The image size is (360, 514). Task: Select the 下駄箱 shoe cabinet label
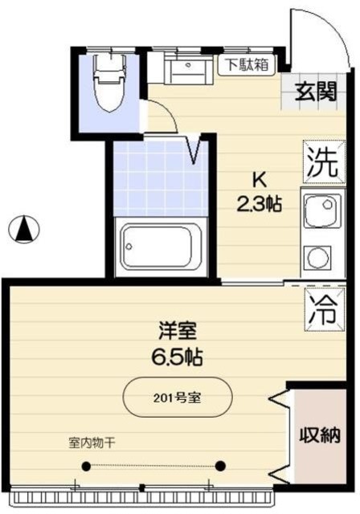[246, 64]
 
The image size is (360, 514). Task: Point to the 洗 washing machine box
[319, 165]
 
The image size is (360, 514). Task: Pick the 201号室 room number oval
[178, 398]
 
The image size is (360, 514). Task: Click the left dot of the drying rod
[87, 466]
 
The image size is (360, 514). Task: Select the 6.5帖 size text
[178, 356]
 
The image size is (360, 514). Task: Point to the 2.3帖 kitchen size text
[258, 204]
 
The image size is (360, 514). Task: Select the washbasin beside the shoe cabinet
[188, 68]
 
